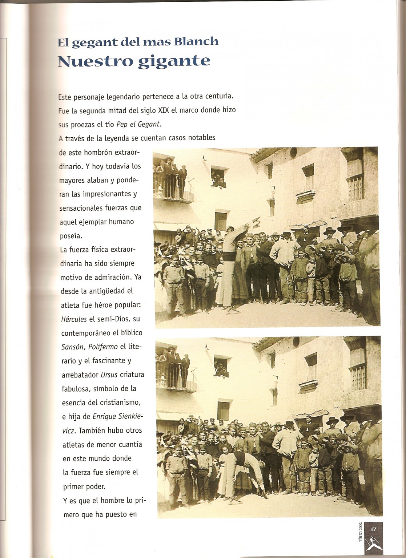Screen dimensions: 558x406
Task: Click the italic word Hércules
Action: point(74,319)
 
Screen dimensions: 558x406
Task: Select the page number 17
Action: point(373,529)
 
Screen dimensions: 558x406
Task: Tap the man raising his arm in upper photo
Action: point(233,254)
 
